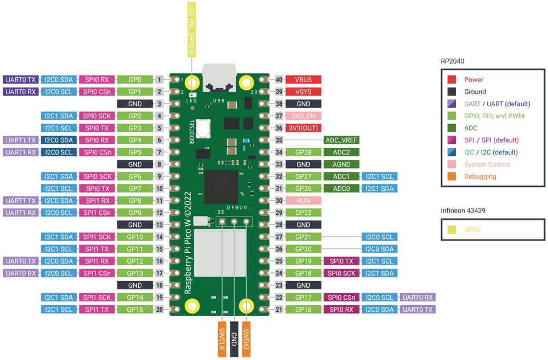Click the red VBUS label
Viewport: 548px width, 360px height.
pyautogui.click(x=303, y=79)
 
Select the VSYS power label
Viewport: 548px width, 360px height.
pyautogui.click(x=303, y=92)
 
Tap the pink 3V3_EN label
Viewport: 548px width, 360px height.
pyautogui.click(x=303, y=116)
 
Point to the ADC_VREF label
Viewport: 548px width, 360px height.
pyautogui.click(x=342, y=140)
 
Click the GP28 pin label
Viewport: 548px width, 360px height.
pyautogui.click(x=303, y=152)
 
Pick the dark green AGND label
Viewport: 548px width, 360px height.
pyautogui.click(x=342, y=164)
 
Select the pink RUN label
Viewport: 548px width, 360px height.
pyautogui.click(x=303, y=201)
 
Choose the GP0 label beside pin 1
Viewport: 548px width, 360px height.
pyautogui.click(x=135, y=79)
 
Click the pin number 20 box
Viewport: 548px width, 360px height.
pyautogui.click(x=159, y=310)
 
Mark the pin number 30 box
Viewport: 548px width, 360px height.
pyautogui.click(x=279, y=201)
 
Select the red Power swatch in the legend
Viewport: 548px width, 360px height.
pyautogui.click(x=452, y=80)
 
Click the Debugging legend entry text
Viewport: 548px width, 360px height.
pyautogui.click(x=480, y=176)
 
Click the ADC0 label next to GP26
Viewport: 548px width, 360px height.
pyautogui.click(x=342, y=188)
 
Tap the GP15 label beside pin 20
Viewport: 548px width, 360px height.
pyautogui.click(x=135, y=310)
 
